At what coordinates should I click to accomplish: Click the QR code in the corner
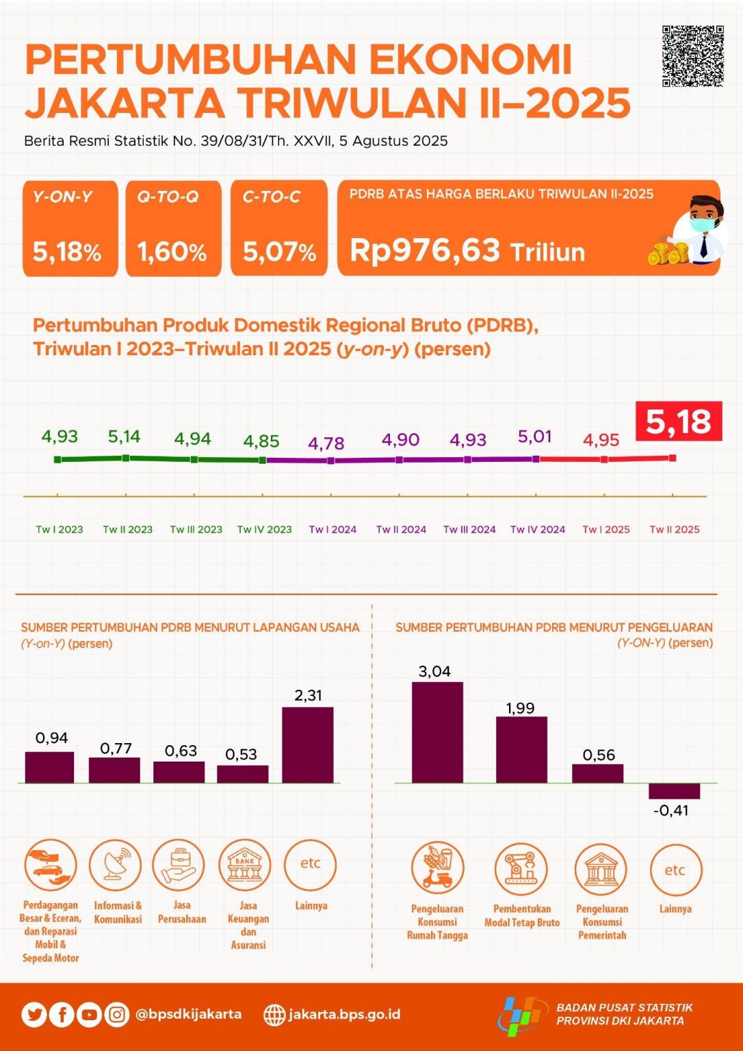[692, 56]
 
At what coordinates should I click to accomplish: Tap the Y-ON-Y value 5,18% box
[70, 229]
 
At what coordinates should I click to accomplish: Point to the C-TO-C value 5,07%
[279, 252]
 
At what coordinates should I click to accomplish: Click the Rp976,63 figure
[425, 250]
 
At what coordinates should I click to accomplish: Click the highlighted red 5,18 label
[679, 421]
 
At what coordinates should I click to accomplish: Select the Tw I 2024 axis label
[333, 530]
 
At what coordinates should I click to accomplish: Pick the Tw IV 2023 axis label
[264, 530]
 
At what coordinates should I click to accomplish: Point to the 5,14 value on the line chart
[124, 437]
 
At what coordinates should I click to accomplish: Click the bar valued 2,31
[308, 744]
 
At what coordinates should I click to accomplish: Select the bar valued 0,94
[49, 767]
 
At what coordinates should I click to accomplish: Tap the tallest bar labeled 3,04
[437, 732]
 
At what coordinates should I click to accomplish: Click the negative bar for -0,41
[674, 791]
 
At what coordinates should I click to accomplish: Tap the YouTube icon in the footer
[89, 1014]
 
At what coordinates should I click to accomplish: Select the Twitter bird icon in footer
[34, 1014]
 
